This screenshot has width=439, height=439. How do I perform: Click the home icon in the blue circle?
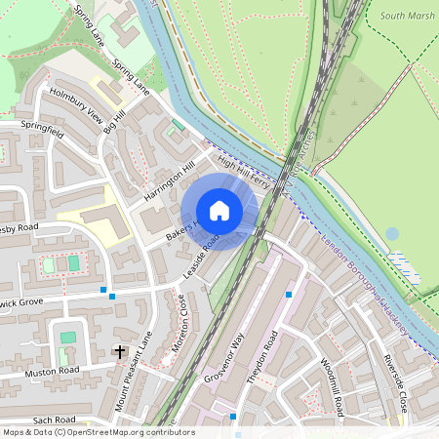point(219,211)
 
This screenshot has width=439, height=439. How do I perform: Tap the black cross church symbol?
point(120,350)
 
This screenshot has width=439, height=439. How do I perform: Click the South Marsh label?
point(407,16)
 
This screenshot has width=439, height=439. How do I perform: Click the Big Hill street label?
point(114,125)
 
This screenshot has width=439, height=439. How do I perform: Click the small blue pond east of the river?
point(392,234)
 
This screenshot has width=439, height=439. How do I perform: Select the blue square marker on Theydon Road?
point(289,294)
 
